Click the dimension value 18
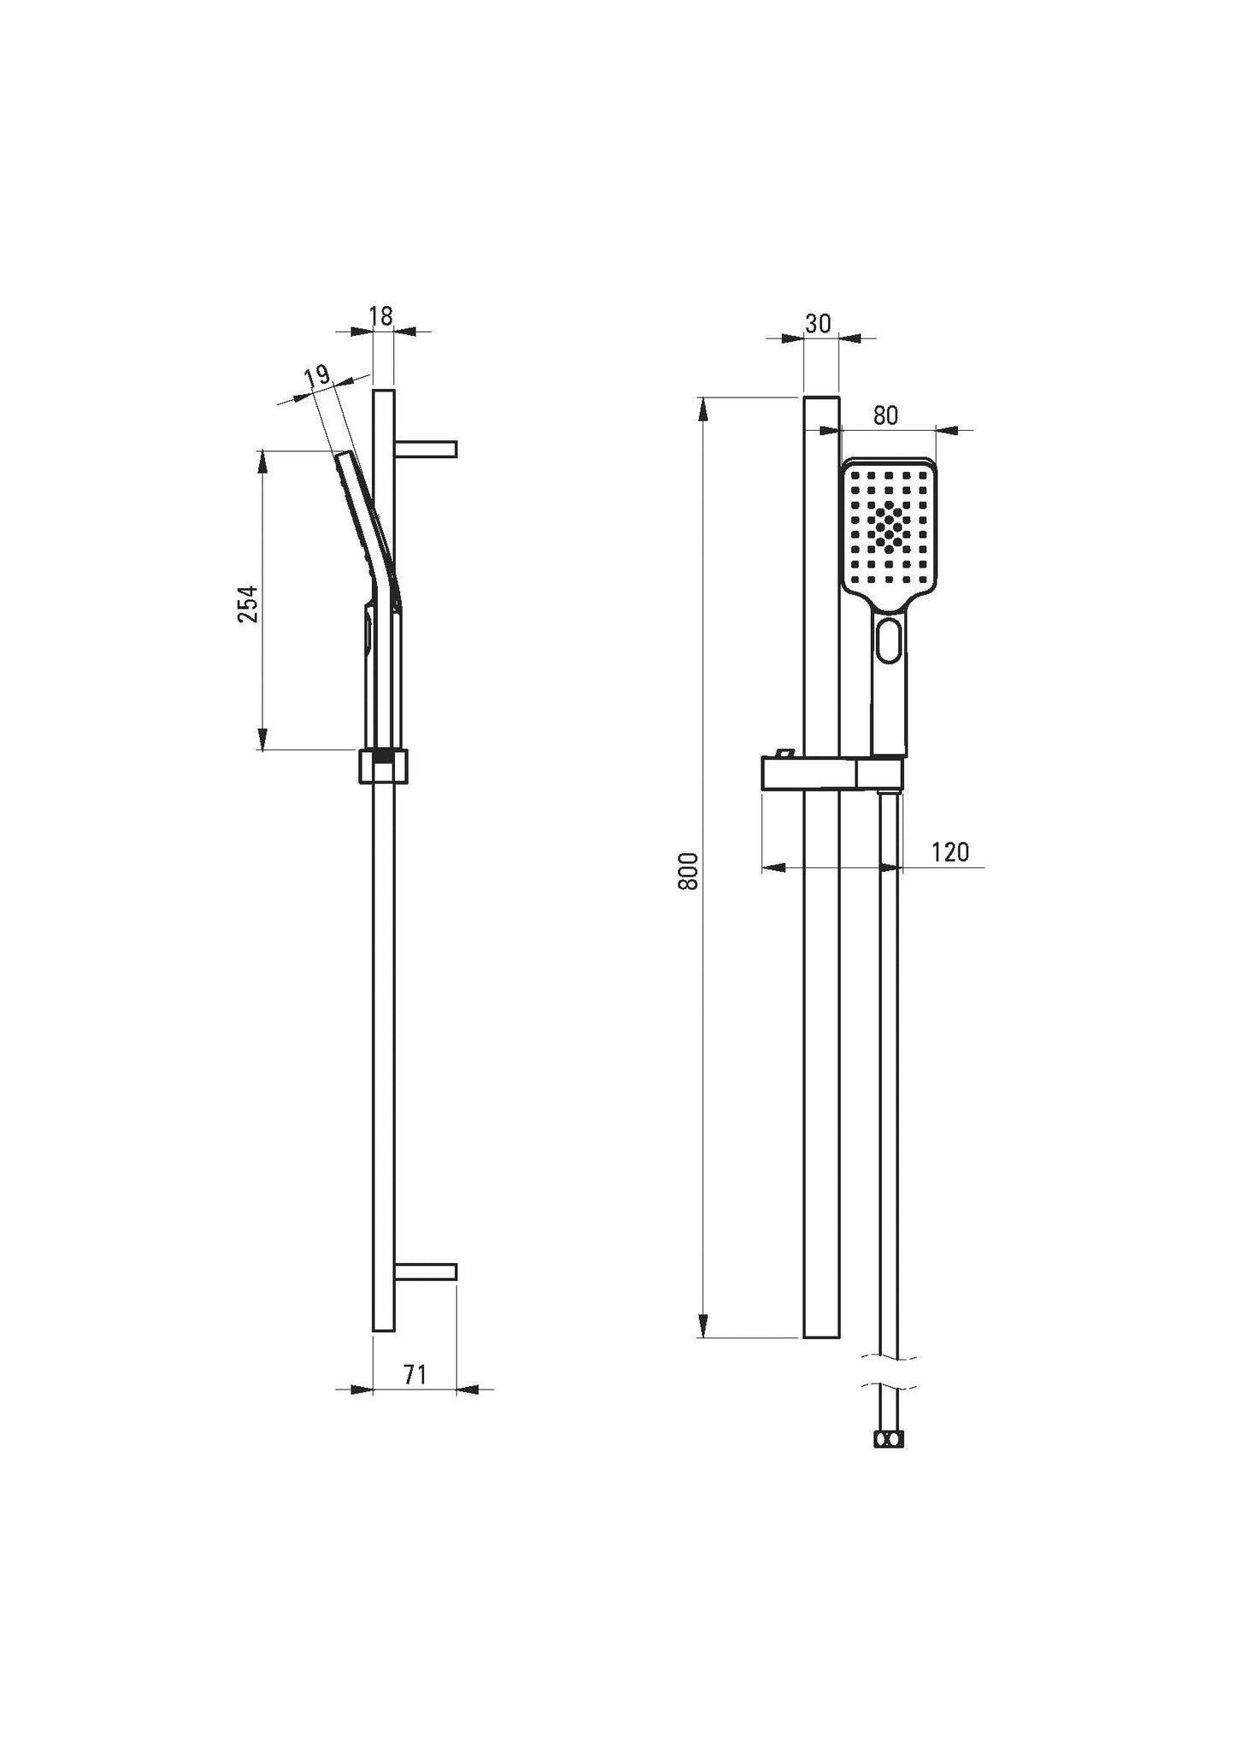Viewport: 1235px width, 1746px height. point(382,315)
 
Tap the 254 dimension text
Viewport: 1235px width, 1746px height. point(247,603)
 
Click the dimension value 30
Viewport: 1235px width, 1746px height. point(818,323)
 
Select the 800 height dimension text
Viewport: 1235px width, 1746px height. point(688,870)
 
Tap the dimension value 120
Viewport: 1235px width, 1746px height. point(950,851)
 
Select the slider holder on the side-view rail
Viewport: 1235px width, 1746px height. point(384,766)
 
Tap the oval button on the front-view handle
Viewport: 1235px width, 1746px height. point(889,639)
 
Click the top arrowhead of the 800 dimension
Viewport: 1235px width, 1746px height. point(704,409)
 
